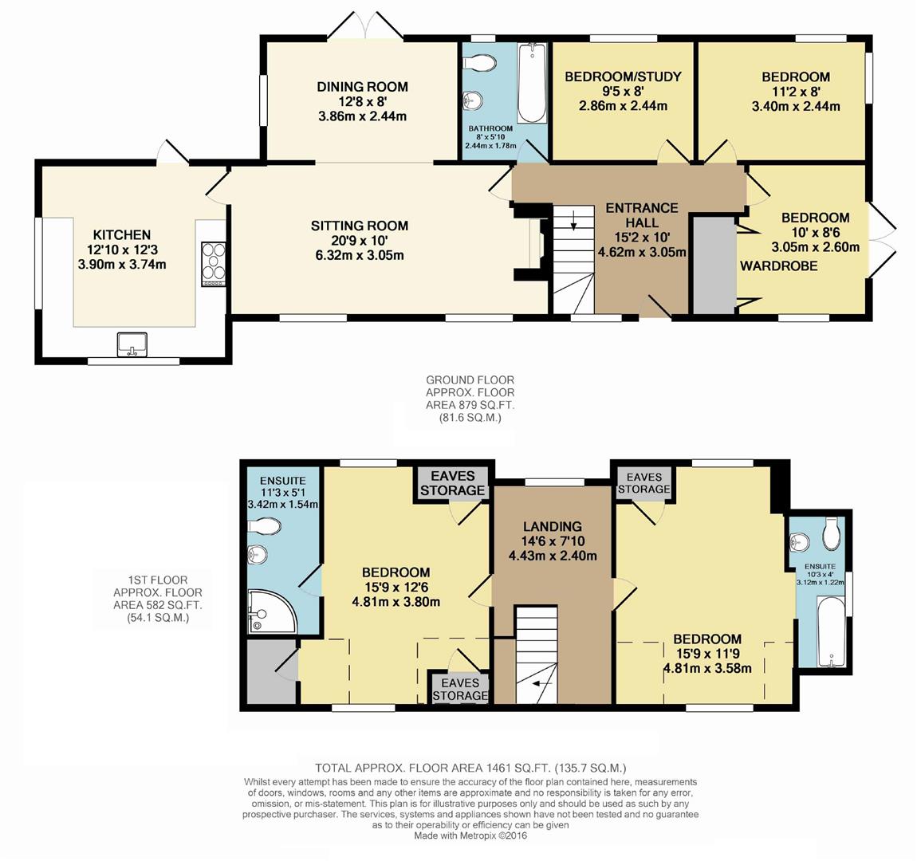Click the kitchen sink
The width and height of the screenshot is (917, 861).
tap(132, 344)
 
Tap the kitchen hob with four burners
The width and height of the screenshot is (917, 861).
tap(213, 262)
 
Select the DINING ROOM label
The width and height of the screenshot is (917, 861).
tap(362, 87)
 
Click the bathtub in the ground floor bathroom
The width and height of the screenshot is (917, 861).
tap(531, 83)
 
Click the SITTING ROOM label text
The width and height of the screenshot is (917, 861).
tap(360, 226)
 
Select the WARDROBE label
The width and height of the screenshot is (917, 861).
tap(779, 265)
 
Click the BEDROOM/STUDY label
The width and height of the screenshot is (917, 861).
tap(623, 77)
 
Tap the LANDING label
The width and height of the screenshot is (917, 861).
tap(552, 526)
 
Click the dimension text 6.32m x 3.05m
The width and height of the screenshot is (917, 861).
tap(359, 255)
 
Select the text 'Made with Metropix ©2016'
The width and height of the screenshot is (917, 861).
tap(470, 835)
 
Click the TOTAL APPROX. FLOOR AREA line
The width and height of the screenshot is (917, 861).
tap(470, 769)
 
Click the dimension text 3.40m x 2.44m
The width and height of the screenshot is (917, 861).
tap(795, 106)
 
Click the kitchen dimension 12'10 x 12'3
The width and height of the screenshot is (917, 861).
tap(122, 250)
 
